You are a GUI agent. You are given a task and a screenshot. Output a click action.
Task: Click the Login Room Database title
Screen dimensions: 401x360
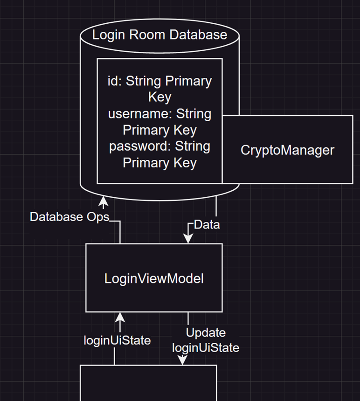[x=159, y=35]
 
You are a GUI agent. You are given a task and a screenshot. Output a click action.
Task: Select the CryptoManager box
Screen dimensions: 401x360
[x=287, y=150]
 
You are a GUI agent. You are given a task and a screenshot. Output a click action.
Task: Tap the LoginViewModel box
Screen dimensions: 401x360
[x=154, y=278]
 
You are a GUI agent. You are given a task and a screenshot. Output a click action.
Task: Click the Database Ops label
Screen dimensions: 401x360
[x=69, y=217]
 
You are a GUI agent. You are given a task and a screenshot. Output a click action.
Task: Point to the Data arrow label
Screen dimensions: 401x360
[x=207, y=225]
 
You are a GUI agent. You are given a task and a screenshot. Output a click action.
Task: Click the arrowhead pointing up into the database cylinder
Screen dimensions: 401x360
[x=103, y=202]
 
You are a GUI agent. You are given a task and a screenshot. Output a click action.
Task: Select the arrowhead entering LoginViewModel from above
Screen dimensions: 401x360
[x=188, y=239]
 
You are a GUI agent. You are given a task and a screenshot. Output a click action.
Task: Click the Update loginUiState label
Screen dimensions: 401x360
[x=206, y=340]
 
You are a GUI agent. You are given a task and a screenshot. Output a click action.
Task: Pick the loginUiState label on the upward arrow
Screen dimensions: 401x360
[x=117, y=340]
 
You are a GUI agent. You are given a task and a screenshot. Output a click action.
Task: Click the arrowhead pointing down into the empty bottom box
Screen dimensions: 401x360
[x=182, y=360]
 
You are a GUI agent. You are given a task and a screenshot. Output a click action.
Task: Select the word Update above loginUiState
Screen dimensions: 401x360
[x=206, y=332]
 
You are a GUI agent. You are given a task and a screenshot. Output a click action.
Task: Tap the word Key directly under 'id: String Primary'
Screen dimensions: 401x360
[x=159, y=97]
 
